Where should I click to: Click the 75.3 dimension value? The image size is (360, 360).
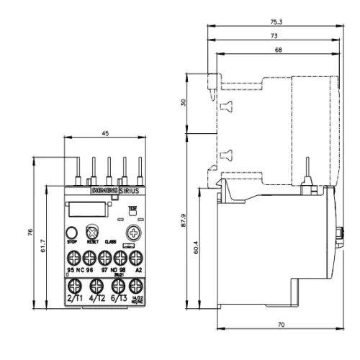[276, 22]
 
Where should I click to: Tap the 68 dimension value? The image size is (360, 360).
[277, 50]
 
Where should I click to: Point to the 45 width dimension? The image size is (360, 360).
[105, 132]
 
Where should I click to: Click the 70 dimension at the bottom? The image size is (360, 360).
[280, 325]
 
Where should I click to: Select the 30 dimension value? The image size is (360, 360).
[184, 102]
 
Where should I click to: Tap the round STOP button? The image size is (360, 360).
[73, 232]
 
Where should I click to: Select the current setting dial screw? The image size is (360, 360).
[134, 232]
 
